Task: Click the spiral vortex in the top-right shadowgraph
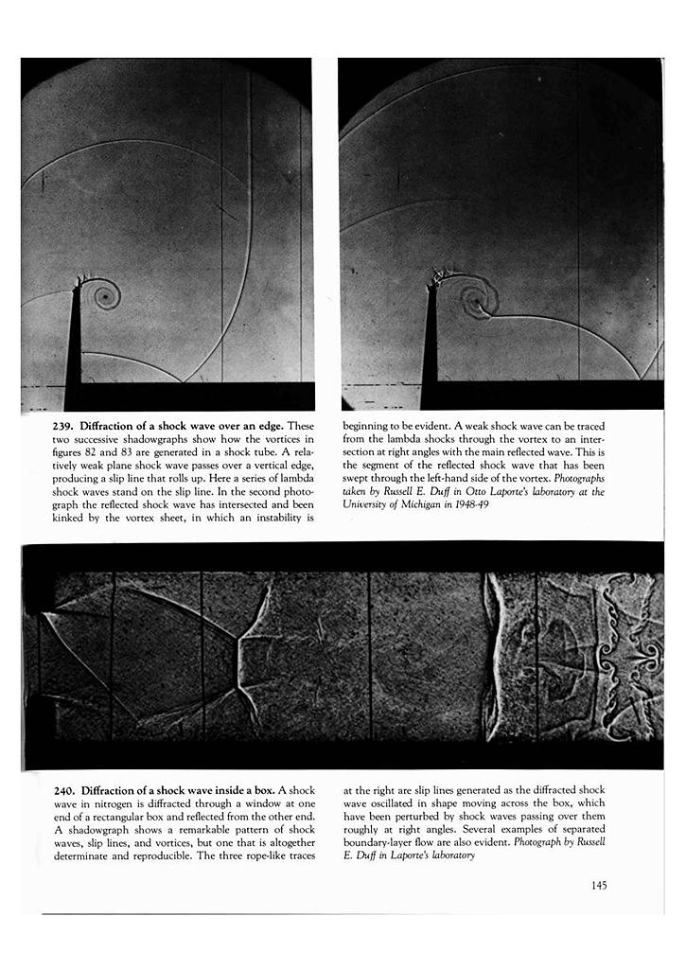472,301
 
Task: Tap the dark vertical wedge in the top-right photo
430,350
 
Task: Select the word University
370,506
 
